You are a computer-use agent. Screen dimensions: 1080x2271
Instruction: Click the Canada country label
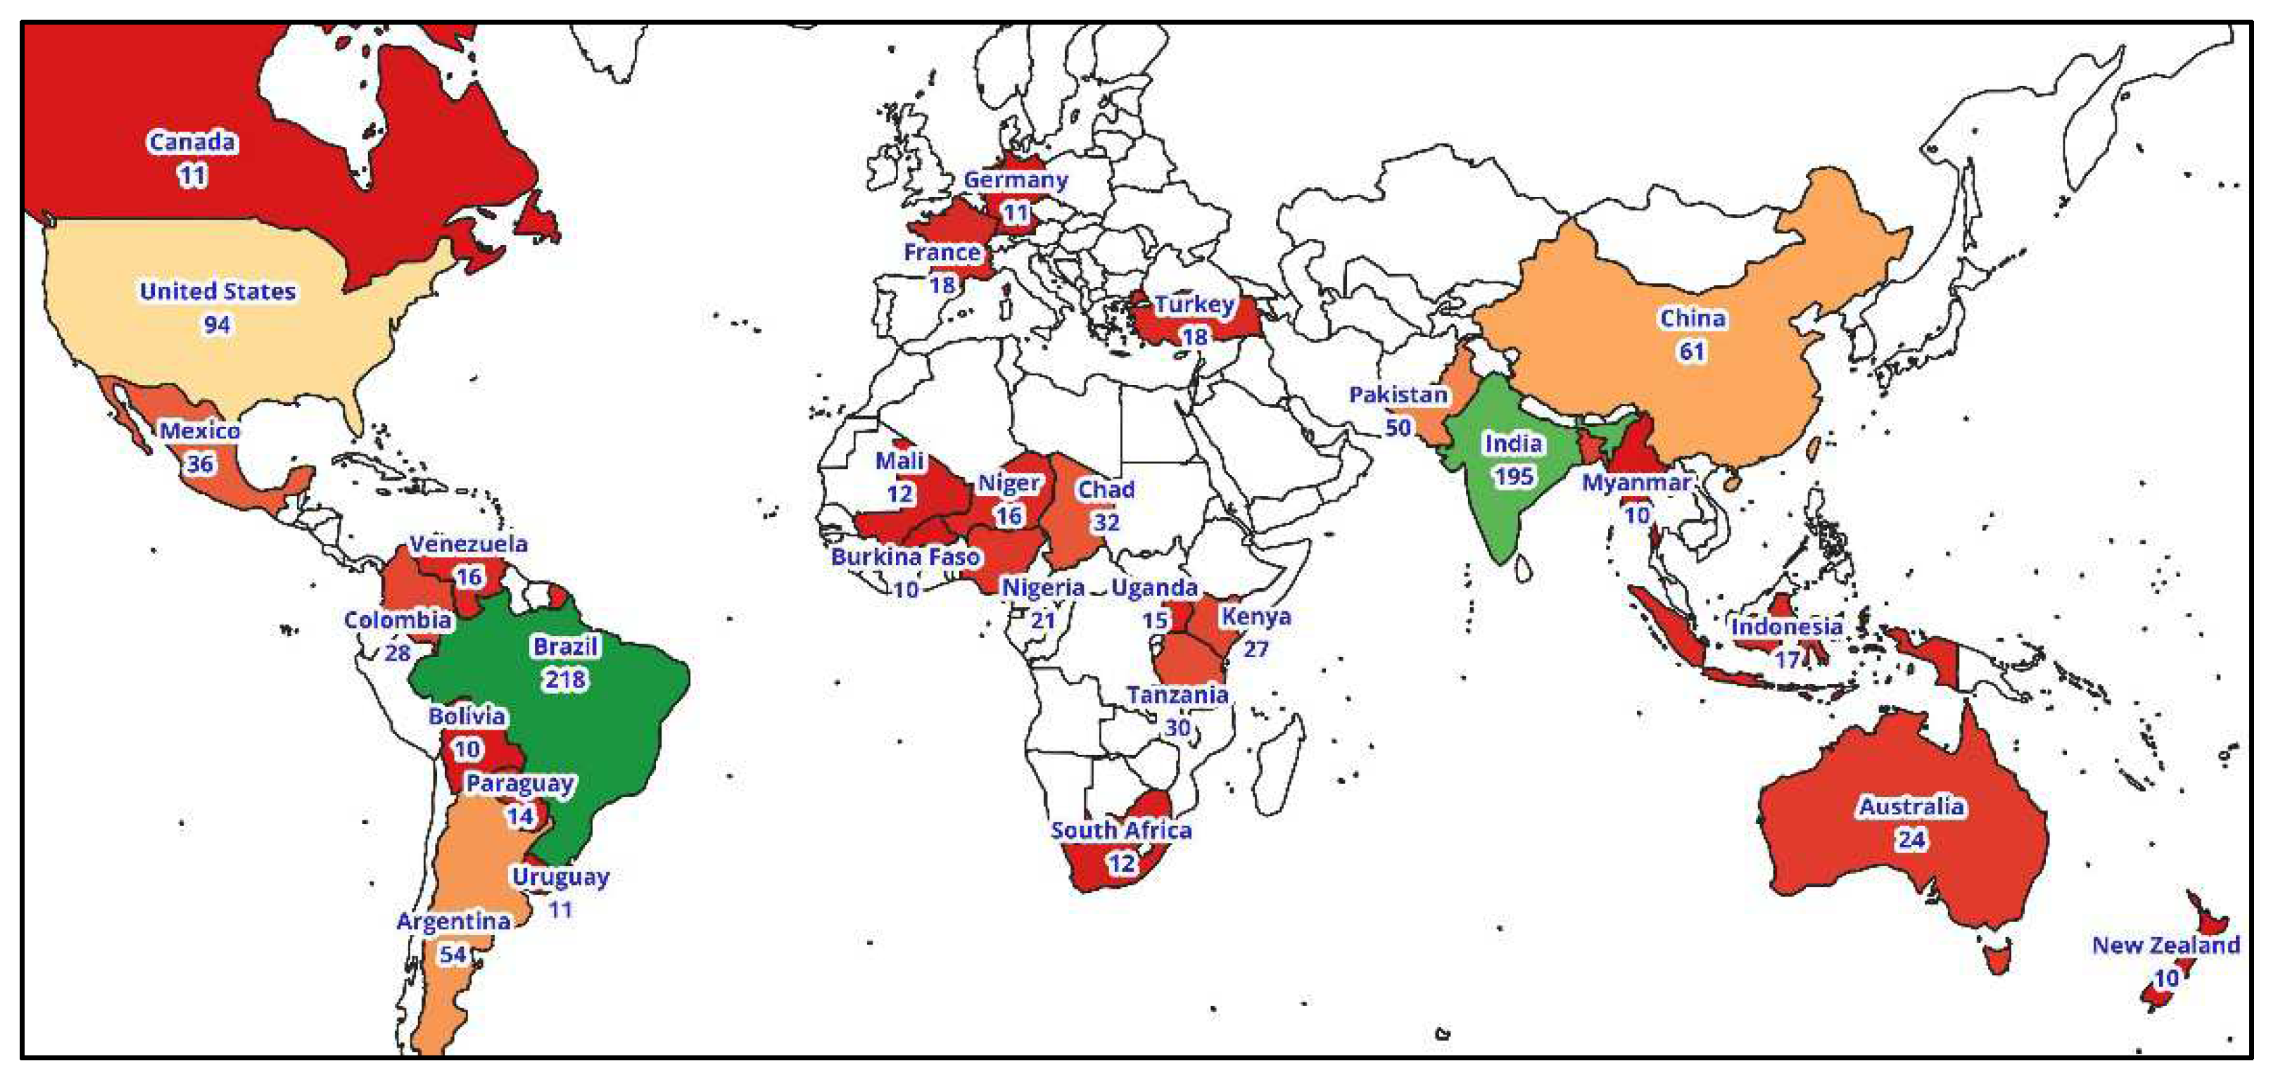coord(192,142)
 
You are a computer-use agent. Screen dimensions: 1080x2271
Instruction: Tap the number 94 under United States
coord(217,324)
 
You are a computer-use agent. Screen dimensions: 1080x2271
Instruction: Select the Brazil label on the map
coord(565,646)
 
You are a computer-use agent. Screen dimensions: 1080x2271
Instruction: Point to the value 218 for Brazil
coord(565,679)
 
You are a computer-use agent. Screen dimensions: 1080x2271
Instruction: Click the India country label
coord(1513,443)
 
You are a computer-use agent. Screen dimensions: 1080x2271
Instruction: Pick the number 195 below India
coord(1513,476)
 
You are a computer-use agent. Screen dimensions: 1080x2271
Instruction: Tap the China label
coord(1692,318)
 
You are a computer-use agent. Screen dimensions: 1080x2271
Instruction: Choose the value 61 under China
coord(1691,351)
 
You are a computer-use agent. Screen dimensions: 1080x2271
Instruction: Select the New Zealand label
coord(2165,945)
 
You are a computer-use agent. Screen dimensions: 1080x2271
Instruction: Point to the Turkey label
coord(1194,304)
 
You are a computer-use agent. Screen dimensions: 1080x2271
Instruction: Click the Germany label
coord(1016,180)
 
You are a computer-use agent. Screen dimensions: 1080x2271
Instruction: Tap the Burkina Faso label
coord(906,557)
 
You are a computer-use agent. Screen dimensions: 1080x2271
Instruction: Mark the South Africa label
coord(1120,830)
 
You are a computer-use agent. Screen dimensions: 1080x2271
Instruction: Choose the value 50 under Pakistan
coord(1398,428)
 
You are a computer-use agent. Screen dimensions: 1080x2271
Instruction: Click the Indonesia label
coord(1786,627)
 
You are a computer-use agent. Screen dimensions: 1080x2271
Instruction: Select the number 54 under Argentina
coord(453,954)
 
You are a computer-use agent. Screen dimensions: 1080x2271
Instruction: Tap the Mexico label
coord(199,431)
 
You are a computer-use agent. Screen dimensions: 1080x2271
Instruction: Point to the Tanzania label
coord(1177,694)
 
